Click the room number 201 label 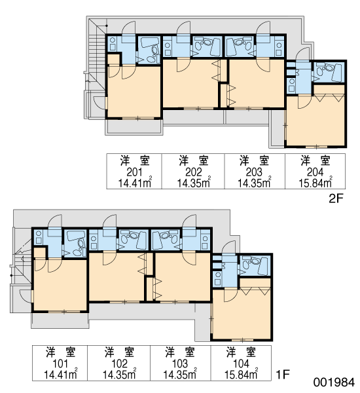click(134, 172)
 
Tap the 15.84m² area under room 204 click(315, 183)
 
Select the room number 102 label click(120, 364)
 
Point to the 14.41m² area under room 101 click(60, 374)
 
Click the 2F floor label click(335, 198)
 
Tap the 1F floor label click(283, 375)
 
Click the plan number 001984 click(334, 383)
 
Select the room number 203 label click(254, 172)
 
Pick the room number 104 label click(241, 364)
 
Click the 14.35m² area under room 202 click(194, 183)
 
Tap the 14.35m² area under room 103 click(180, 374)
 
